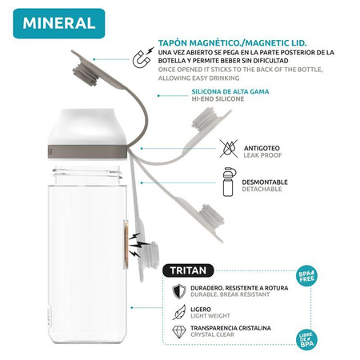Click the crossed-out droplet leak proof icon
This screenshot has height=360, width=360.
(x=228, y=146)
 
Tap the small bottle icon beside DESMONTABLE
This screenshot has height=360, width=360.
(x=229, y=182)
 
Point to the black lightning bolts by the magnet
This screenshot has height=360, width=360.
(x=142, y=240)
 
